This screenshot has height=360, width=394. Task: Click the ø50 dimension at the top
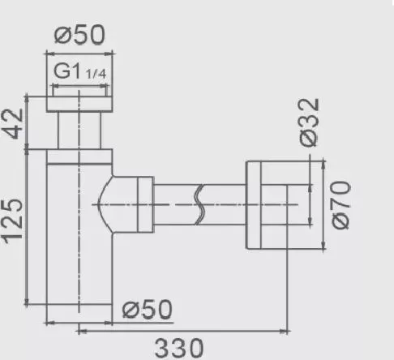coord(79,36)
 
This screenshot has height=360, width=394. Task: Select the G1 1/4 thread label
coord(79,72)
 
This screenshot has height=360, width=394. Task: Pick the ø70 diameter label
coord(340,204)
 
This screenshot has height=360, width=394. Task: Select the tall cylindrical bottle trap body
coord(79,243)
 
